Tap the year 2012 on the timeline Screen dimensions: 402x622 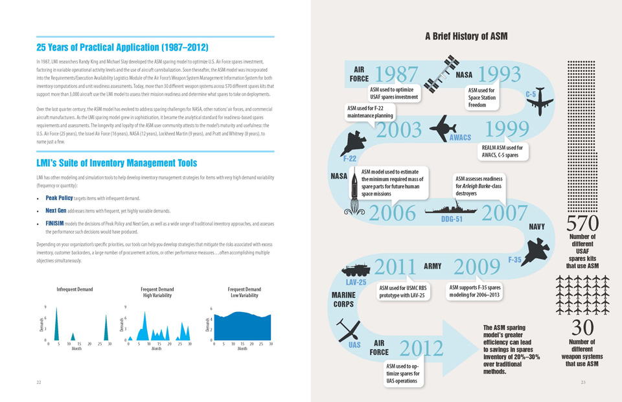(421, 348)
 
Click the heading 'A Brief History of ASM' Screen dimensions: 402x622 (466, 36)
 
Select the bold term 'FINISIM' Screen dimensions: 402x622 (59, 223)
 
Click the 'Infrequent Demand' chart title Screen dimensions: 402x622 (75, 289)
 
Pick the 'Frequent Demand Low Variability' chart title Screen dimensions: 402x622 (244, 292)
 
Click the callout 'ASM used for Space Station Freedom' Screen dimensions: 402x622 (486, 97)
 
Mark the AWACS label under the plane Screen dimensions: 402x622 (460, 138)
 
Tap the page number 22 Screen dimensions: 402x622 (40, 383)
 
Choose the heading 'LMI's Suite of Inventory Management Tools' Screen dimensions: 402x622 (117, 162)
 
